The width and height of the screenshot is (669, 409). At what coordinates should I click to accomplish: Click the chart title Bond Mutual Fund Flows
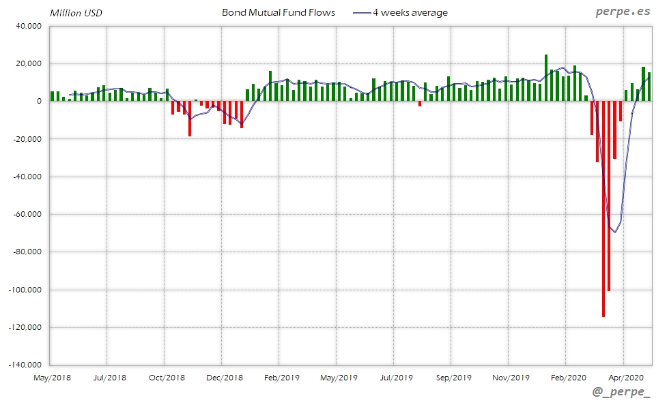point(279,12)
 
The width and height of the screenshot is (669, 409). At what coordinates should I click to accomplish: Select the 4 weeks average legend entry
point(410,12)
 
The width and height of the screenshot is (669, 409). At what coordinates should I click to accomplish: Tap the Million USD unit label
point(76,13)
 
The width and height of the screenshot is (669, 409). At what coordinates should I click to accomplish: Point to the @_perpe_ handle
point(621,393)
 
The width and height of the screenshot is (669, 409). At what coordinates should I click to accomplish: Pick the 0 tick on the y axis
point(40,102)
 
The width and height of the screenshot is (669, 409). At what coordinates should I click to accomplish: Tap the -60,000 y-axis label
point(26,214)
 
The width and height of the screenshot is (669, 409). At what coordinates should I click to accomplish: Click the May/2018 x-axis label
point(53,377)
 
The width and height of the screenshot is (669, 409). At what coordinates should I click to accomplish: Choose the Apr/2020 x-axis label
point(625,377)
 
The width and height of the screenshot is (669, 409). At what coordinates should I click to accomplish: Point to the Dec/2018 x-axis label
point(225,377)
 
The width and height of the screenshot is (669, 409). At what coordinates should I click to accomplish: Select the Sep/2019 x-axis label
point(454,377)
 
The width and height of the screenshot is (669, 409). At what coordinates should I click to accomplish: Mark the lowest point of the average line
point(614,232)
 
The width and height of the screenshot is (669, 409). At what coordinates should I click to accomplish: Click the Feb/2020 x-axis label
point(568,377)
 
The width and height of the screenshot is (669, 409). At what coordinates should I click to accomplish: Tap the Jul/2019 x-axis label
point(397,377)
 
